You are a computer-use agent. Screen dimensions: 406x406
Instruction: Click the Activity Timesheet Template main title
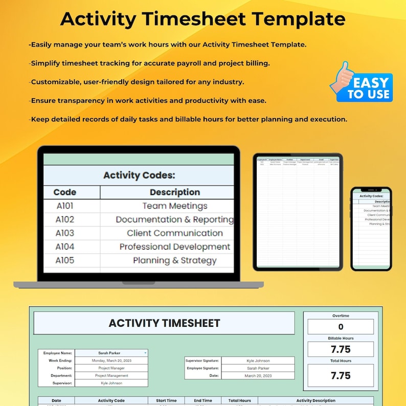(x=202, y=19)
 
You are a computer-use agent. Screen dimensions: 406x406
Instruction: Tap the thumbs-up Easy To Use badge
(x=362, y=82)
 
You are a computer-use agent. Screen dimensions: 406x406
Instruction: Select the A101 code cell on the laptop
(x=65, y=206)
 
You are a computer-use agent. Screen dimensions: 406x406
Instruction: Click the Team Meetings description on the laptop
(x=167, y=206)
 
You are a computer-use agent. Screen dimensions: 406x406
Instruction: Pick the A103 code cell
(x=65, y=233)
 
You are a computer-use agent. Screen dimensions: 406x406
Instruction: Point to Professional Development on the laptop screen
(x=174, y=247)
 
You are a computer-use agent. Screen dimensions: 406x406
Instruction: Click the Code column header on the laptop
(x=65, y=192)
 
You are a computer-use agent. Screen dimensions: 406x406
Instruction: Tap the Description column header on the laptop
(x=174, y=192)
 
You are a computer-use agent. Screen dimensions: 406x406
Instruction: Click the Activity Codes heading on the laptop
(x=139, y=175)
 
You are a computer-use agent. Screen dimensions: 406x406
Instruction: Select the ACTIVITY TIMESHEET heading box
(x=164, y=323)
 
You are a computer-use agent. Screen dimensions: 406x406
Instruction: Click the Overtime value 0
(x=341, y=327)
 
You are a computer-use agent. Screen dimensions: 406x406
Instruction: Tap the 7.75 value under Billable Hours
(x=341, y=349)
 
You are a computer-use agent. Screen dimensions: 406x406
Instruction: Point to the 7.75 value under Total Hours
(x=341, y=376)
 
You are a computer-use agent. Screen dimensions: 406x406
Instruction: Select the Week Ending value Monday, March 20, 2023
(x=111, y=360)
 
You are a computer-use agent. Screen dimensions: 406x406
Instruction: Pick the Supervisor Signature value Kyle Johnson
(x=258, y=360)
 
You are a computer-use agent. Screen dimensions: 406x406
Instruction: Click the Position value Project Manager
(x=111, y=368)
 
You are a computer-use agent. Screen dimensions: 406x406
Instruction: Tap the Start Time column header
(x=166, y=400)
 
